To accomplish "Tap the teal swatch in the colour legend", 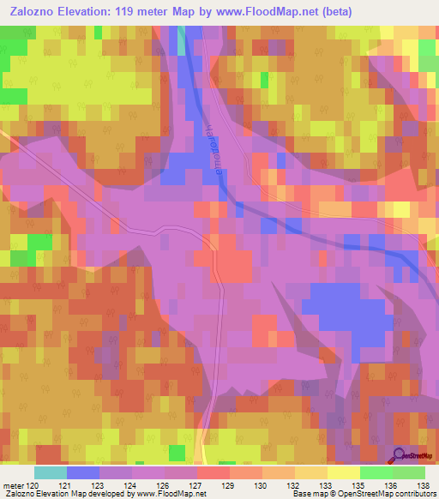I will pyautogui.click(x=51, y=472).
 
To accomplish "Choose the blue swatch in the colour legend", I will pyautogui.click(x=83, y=472).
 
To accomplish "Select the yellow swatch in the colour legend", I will pyautogui.click(x=343, y=472).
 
